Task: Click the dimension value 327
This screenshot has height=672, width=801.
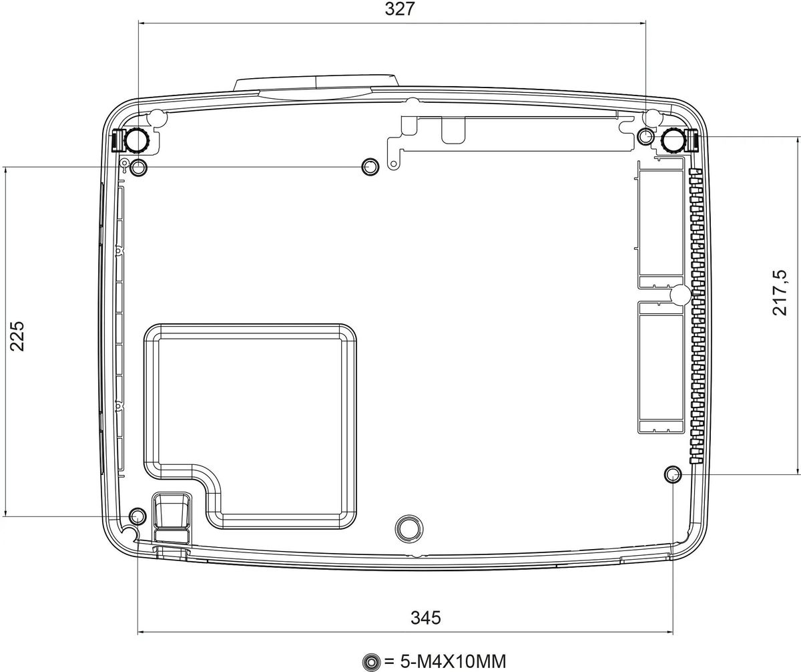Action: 400,9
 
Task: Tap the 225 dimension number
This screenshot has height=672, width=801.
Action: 17,336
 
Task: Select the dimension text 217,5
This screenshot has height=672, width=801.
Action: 780,293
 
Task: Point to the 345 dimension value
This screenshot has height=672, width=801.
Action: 426,618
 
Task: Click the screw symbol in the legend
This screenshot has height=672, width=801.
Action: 371,661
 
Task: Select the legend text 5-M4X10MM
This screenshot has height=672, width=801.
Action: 453,661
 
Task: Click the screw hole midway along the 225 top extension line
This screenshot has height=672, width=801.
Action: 370,166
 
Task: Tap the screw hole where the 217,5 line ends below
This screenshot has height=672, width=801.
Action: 672,475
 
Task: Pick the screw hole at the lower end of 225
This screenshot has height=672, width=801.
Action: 138,516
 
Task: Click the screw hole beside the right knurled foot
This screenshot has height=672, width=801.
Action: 645,136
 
